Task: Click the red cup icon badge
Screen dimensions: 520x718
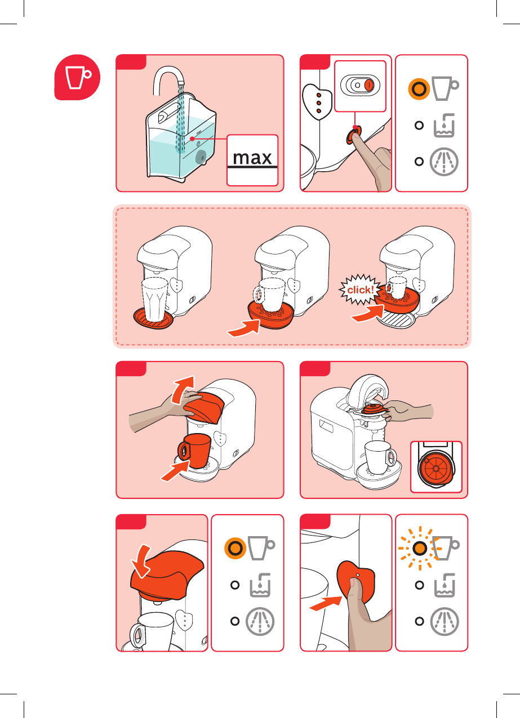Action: (x=77, y=77)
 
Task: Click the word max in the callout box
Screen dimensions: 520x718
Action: (x=252, y=158)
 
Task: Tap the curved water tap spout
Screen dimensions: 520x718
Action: (x=168, y=78)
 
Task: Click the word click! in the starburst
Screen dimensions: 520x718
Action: (x=361, y=290)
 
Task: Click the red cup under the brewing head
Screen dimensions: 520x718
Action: (x=194, y=451)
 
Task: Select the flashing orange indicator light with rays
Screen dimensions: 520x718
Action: (x=420, y=548)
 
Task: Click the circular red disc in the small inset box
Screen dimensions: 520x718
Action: (x=435, y=469)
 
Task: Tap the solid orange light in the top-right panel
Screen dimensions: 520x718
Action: (x=419, y=89)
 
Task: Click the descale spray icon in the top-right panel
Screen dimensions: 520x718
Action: (x=444, y=162)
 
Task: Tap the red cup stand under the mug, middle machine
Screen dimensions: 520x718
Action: (x=271, y=315)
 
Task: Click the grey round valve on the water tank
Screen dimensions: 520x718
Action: (x=201, y=157)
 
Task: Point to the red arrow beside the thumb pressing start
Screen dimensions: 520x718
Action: (x=326, y=603)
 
